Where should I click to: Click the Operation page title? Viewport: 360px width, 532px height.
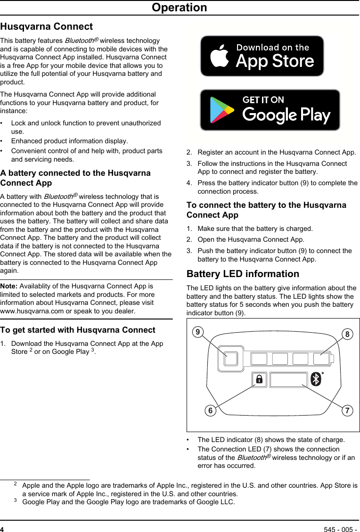(x=179, y=8)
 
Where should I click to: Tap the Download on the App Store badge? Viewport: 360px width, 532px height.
(x=262, y=56)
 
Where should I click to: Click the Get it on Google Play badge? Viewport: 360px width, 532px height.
(x=270, y=110)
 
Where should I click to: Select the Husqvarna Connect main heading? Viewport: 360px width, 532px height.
(x=47, y=27)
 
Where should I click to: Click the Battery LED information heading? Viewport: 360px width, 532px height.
(x=243, y=274)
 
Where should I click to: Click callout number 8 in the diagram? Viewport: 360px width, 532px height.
(x=347, y=335)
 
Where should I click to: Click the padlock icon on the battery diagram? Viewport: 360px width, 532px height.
(x=259, y=379)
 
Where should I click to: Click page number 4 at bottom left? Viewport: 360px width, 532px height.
(x=2, y=529)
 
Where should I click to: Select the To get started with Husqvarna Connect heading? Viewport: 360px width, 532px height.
(x=78, y=330)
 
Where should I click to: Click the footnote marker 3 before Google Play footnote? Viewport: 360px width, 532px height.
(x=16, y=501)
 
